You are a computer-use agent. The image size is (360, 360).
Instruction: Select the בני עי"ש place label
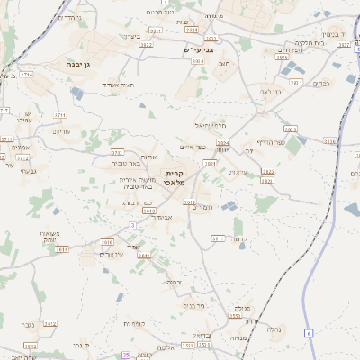[206, 49]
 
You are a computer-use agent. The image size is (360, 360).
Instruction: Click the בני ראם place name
[271, 92]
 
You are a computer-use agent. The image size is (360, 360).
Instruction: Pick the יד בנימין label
[333, 34]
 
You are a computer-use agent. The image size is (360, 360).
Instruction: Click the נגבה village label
[27, 324]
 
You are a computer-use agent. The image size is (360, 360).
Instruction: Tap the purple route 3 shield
[132, 224]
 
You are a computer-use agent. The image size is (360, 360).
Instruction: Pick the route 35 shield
[126, 355]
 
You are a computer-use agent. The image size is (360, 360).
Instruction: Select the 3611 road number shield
[218, 238]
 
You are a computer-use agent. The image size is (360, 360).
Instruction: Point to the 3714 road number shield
[26, 75]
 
